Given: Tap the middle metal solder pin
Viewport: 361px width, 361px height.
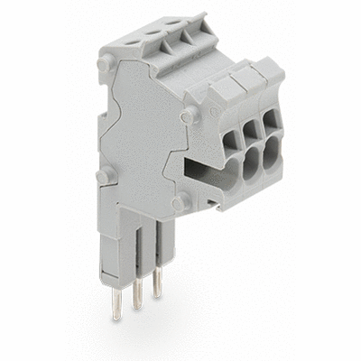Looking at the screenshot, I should [137, 293].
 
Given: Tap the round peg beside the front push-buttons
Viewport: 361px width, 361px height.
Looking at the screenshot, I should [188, 116].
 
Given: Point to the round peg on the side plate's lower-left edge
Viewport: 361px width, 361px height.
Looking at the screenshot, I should [106, 174].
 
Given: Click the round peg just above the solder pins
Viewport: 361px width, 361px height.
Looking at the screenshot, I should [178, 204].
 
